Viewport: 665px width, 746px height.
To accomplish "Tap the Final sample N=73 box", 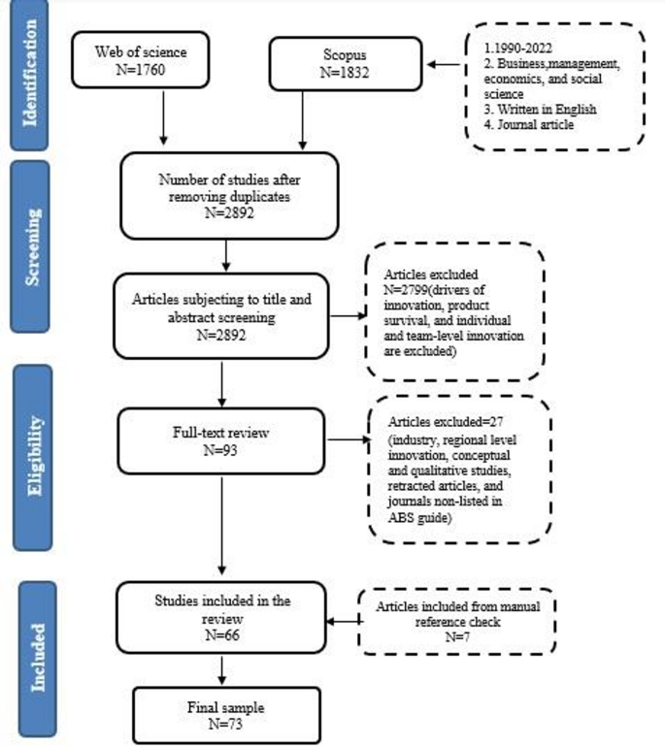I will point(224,712).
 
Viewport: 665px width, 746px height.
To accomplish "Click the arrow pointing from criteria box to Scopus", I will point(447,65).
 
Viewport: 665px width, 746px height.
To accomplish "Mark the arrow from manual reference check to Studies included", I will point(345,623).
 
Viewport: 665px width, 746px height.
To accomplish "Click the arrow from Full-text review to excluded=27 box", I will point(348,441).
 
